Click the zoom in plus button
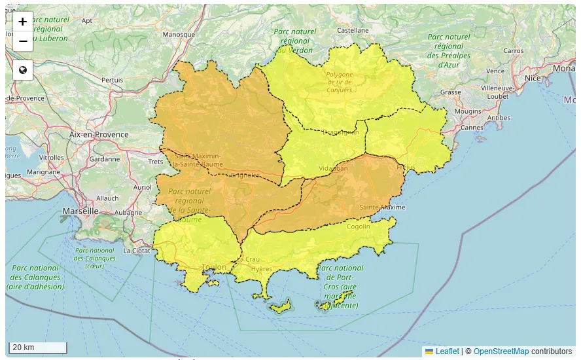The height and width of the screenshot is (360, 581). click(x=23, y=21)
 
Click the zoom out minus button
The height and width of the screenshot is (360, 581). click(x=23, y=41)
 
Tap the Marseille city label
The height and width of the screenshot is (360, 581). click(x=80, y=211)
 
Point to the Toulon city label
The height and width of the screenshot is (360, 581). click(x=213, y=267)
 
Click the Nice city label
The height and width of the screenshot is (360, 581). click(x=533, y=78)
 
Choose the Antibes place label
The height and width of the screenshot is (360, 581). click(x=499, y=118)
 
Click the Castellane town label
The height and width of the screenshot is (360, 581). click(x=353, y=30)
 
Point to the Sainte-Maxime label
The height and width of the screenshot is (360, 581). click(x=382, y=207)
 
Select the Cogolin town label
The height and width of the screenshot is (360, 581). click(x=359, y=226)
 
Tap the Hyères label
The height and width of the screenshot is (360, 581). click(x=261, y=269)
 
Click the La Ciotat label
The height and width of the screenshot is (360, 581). click(x=137, y=250)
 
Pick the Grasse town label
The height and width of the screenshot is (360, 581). click(x=450, y=92)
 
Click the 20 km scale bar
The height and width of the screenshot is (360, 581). click(x=37, y=347)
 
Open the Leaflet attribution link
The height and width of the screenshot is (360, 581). click(x=447, y=351)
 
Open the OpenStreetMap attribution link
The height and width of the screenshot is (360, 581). click(x=501, y=351)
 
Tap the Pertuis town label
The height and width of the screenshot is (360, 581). click(x=112, y=80)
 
